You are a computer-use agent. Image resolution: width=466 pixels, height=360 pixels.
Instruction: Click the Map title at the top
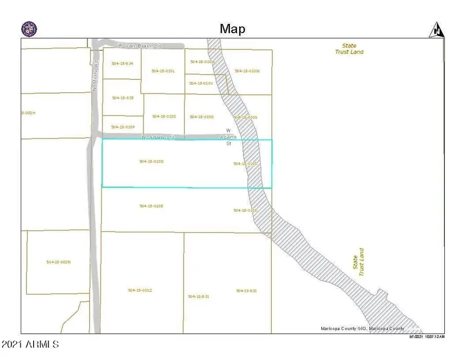[232, 28]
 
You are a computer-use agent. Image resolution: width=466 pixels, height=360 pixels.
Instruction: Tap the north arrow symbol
[436, 30]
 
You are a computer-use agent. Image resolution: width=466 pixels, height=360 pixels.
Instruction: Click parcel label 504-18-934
[123, 63]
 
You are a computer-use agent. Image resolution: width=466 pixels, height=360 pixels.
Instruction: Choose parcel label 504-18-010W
[246, 71]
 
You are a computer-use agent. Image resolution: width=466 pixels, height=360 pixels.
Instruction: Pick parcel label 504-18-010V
[201, 83]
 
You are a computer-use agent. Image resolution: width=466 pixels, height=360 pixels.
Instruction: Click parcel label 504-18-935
[123, 97]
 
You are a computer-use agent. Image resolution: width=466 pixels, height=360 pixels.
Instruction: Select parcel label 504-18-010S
[164, 116]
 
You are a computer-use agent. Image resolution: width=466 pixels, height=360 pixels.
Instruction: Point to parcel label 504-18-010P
[123, 126]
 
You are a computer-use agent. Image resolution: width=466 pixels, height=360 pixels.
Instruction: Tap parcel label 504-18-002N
[58, 262]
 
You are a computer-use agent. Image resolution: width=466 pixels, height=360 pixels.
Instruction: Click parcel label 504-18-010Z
[140, 290]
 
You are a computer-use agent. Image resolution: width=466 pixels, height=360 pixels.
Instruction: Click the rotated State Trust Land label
[358, 262]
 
